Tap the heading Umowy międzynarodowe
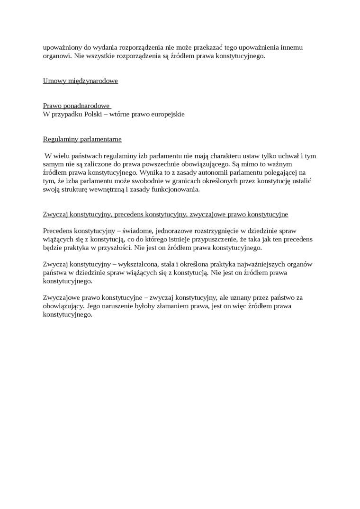pyautogui.click(x=80, y=80)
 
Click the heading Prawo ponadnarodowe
pyautogui.click(x=76, y=106)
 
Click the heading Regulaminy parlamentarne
pyautogui.click(x=82, y=139)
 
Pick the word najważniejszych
pyautogui.click(x=268, y=264)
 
